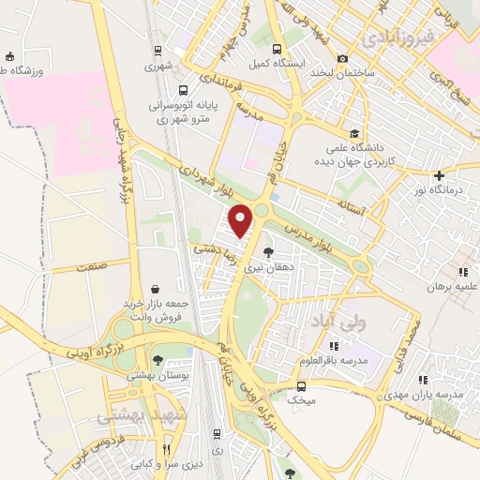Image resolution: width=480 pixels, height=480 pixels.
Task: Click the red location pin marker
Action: pyautogui.click(x=242, y=219)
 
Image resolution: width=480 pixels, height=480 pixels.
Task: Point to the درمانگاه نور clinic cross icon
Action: pyautogui.click(x=440, y=175)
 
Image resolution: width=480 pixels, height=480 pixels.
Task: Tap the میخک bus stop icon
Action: pyautogui.click(x=301, y=385)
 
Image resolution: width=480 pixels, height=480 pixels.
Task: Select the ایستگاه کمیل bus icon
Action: pyautogui.click(x=276, y=49)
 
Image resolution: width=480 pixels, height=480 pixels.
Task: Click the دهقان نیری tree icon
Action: pyautogui.click(x=269, y=251)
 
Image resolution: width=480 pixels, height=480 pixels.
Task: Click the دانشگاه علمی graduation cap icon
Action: pyautogui.click(x=354, y=133)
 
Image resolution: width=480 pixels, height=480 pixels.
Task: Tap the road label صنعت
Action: pyautogui.click(x=92, y=268)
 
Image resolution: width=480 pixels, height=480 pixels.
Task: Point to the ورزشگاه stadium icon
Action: pyautogui.click(x=9, y=56)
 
